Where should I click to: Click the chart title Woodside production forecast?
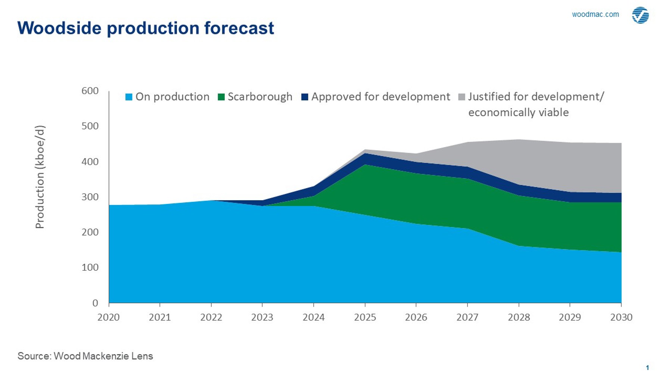(x=146, y=28)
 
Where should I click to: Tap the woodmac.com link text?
(x=595, y=15)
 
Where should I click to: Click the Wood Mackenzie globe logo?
(x=640, y=15)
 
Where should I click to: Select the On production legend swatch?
(x=129, y=97)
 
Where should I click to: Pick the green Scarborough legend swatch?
(x=221, y=97)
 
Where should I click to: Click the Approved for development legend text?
(x=380, y=97)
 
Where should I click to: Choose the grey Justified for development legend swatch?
(x=462, y=97)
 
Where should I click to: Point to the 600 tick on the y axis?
(x=90, y=91)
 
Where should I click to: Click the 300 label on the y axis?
(x=90, y=197)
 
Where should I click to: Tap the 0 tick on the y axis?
(x=95, y=303)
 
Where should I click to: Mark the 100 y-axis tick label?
(x=90, y=267)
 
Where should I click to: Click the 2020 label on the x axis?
(x=109, y=317)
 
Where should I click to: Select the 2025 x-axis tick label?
(x=365, y=317)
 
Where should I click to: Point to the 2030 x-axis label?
(x=621, y=317)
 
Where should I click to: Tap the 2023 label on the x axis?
(x=262, y=317)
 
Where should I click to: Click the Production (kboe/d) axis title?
(x=40, y=177)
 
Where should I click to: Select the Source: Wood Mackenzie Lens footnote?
(x=85, y=356)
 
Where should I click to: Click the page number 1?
(x=647, y=368)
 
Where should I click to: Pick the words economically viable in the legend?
(x=518, y=112)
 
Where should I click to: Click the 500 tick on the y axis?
(x=90, y=126)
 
